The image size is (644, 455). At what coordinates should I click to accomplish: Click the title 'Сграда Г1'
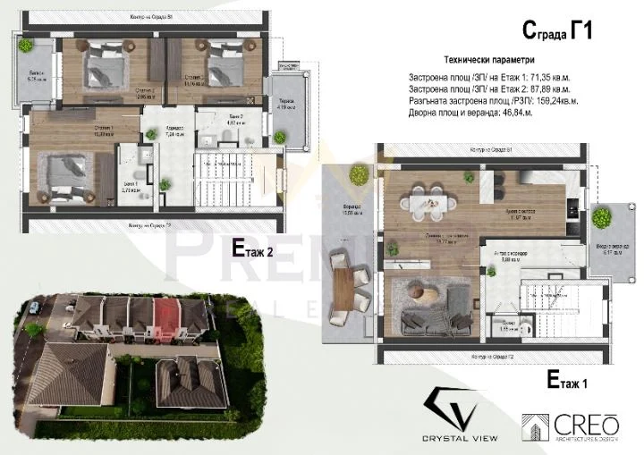[557, 32]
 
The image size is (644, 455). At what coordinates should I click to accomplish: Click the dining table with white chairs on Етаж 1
[424, 205]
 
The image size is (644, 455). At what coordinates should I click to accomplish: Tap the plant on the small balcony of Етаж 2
[27, 45]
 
